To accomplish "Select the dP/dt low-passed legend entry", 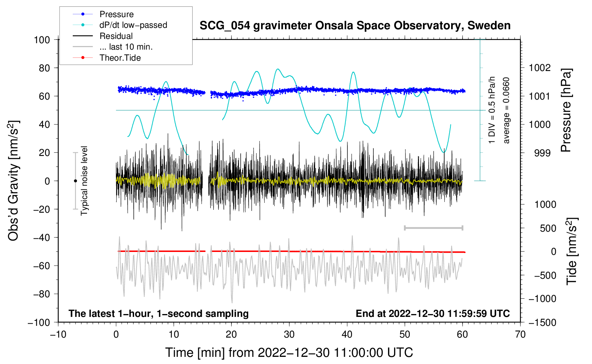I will [133, 25].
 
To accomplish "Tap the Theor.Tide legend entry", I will [120, 58].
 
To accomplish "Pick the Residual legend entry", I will [116, 36].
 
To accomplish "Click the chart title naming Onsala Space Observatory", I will [355, 26].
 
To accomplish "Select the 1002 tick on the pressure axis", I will [540, 68].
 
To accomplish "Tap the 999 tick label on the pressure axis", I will [542, 153].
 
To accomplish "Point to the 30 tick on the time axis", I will [289, 334].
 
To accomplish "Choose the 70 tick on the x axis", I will [520, 334].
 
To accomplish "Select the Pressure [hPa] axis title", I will [566, 110].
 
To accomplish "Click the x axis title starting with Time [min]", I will [289, 353].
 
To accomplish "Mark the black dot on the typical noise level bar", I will [75, 181].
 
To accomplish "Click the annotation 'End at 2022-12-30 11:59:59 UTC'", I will [433, 314].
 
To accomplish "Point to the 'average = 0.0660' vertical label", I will [506, 110].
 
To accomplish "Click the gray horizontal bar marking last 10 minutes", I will [433, 228].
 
